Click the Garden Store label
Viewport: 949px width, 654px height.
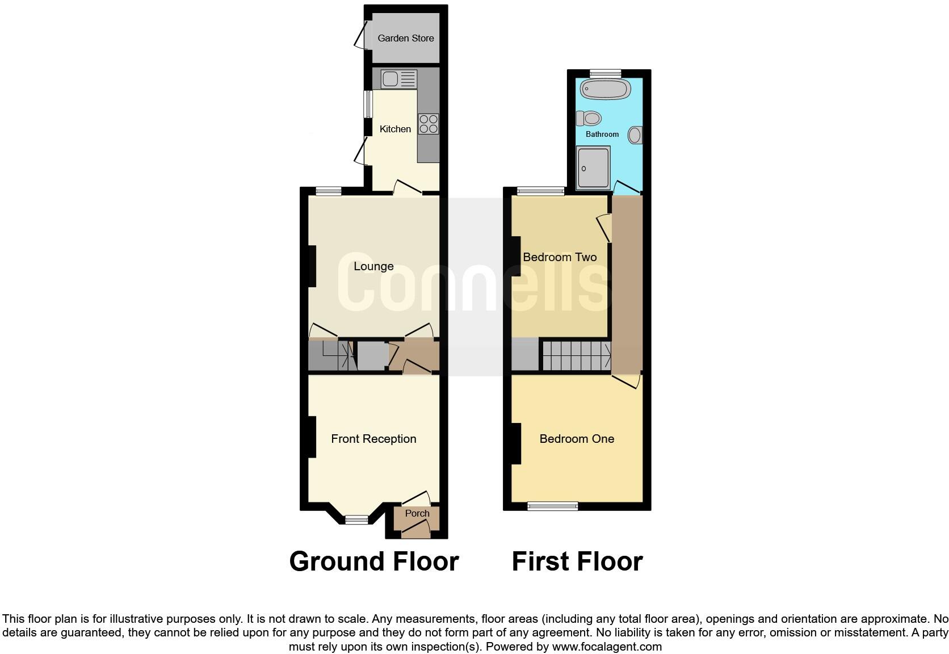pyautogui.click(x=405, y=38)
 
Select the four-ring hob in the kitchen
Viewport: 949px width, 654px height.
pyautogui.click(x=429, y=124)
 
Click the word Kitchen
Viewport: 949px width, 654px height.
pyautogui.click(x=395, y=129)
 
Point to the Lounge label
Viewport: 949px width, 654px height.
pyautogui.click(x=373, y=266)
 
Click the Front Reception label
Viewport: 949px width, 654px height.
pyautogui.click(x=373, y=439)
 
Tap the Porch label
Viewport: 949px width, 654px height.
pyautogui.click(x=417, y=513)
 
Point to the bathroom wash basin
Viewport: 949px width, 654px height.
pyautogui.click(x=635, y=135)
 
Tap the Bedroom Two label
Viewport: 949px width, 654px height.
pyautogui.click(x=560, y=257)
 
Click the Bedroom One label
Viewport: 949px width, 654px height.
pyautogui.click(x=577, y=439)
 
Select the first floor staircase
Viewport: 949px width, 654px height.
pyautogui.click(x=577, y=355)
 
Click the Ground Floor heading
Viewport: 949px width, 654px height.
pyautogui.click(x=373, y=561)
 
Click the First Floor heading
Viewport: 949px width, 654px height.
pyautogui.click(x=577, y=561)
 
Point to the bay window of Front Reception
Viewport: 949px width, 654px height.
pyautogui.click(x=357, y=519)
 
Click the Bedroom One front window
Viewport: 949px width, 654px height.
pyautogui.click(x=553, y=506)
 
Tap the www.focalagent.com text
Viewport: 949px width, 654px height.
pyautogui.click(x=607, y=647)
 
